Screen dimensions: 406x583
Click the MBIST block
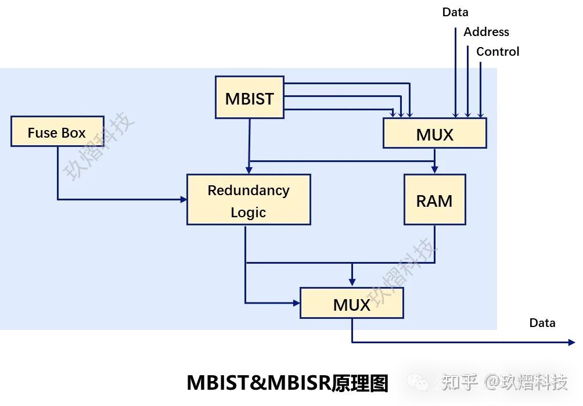click(x=249, y=98)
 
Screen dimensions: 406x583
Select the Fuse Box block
click(x=57, y=131)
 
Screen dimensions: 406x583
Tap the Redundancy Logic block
click(x=248, y=200)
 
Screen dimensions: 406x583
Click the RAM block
click(x=434, y=200)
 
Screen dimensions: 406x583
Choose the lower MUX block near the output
click(x=351, y=303)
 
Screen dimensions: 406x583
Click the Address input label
click(x=486, y=32)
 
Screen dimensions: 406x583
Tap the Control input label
click(x=498, y=52)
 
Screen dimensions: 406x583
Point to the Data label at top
click(x=455, y=12)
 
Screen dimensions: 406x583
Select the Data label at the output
click(x=542, y=323)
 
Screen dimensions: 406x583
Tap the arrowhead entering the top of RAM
click(x=434, y=170)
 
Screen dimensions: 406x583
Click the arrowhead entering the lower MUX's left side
click(x=297, y=303)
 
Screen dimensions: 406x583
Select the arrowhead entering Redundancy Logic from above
click(x=249, y=170)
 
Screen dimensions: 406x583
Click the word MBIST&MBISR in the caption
click(x=258, y=383)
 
